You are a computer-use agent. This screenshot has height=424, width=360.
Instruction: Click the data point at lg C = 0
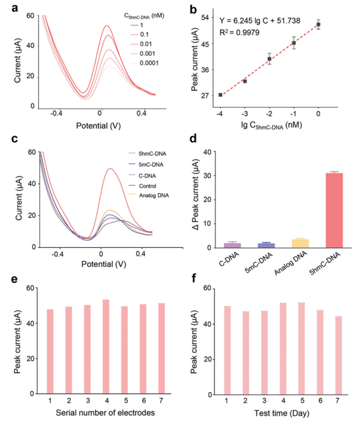pos(318,24)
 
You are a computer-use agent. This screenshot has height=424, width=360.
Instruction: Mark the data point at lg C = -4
pos(221,95)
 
